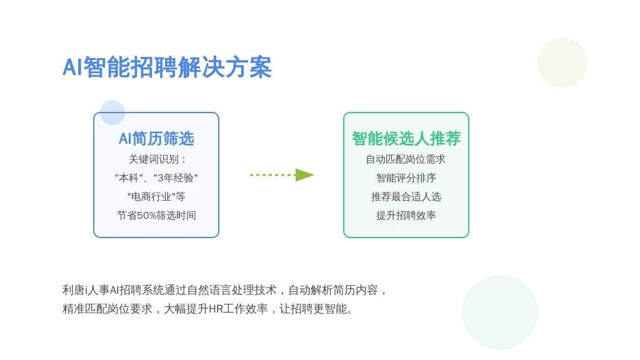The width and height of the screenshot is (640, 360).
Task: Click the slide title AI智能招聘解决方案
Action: coord(167,67)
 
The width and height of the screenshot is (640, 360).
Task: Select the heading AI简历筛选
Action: coord(156,139)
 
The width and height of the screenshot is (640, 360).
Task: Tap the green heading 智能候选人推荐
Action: coord(406,139)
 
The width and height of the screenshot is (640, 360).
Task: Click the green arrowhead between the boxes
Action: coord(304,175)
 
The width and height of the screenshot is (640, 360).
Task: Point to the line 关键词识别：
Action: coord(157,159)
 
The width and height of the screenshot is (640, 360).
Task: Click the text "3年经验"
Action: coord(176,178)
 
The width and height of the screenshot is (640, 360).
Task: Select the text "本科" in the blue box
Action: coord(129,178)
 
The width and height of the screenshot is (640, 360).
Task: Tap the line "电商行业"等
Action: coord(156,197)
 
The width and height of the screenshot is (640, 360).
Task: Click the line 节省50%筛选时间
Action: coord(156,216)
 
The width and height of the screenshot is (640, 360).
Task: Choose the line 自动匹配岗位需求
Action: coord(406,159)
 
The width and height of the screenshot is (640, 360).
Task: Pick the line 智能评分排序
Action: coord(406,178)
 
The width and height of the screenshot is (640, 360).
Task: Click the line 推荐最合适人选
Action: coord(406,197)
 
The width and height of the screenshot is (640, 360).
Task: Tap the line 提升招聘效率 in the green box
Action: coord(406,216)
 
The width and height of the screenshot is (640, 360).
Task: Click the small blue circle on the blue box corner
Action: coord(112,112)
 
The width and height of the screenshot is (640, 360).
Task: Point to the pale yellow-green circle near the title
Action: coord(562,62)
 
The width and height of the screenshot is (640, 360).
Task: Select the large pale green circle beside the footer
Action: coord(500,312)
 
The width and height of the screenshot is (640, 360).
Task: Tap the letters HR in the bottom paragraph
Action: coord(216,309)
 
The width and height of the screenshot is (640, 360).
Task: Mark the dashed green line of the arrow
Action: coord(272,175)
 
